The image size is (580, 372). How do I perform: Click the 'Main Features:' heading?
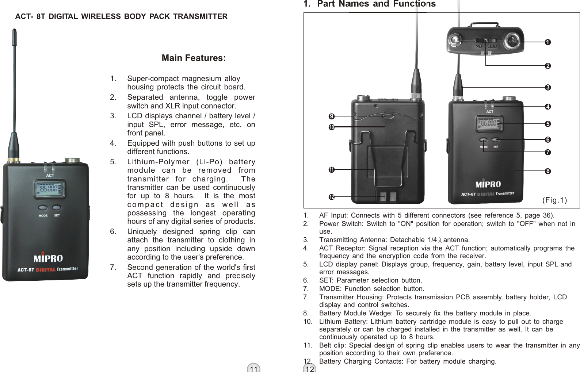coord(194,58)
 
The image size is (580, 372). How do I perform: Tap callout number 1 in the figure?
coord(547,42)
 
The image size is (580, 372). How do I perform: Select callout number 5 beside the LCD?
coord(547,124)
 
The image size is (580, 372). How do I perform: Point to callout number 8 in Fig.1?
coord(547,171)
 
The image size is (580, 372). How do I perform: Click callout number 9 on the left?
coord(331,116)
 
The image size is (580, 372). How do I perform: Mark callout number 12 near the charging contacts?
coord(331,197)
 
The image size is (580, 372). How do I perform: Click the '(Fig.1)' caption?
coord(554,200)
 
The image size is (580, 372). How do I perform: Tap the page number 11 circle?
coord(253,368)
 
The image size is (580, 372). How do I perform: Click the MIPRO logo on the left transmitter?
coord(48,258)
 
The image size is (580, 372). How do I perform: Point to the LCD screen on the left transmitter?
coord(50,189)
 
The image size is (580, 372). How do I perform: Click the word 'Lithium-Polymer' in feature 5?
coord(158,162)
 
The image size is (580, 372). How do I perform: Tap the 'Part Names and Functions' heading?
coord(376,4)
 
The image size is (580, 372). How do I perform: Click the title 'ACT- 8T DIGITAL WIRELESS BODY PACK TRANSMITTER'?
coord(121,16)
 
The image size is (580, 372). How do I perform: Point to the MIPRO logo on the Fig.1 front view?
coord(488,184)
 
